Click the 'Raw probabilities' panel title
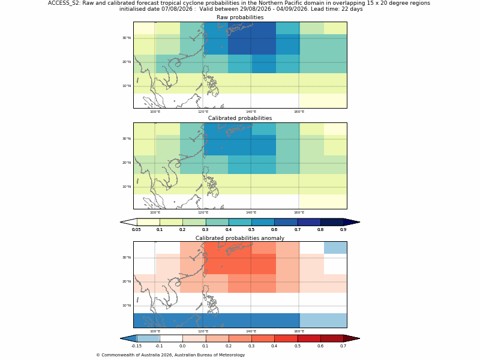click(240, 17)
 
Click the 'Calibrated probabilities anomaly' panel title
click(240, 238)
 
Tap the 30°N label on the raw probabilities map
click(127, 38)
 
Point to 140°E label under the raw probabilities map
click(251, 112)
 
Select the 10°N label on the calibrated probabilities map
click(127, 187)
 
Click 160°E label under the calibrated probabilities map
click(299, 212)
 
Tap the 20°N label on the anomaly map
click(127, 281)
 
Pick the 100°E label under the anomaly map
click(155, 331)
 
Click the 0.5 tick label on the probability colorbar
click(251, 230)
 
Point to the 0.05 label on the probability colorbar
click(137, 230)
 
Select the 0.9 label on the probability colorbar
click(343, 230)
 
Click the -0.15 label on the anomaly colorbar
click(137, 346)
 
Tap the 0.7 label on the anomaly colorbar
click(343, 346)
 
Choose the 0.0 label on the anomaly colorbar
click(182, 346)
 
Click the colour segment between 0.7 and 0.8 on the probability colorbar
click(309, 222)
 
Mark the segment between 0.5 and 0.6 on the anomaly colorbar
click(309, 338)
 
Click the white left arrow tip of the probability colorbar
click(121, 222)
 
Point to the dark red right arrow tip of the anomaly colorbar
click(359, 338)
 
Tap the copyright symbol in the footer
click(98, 355)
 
